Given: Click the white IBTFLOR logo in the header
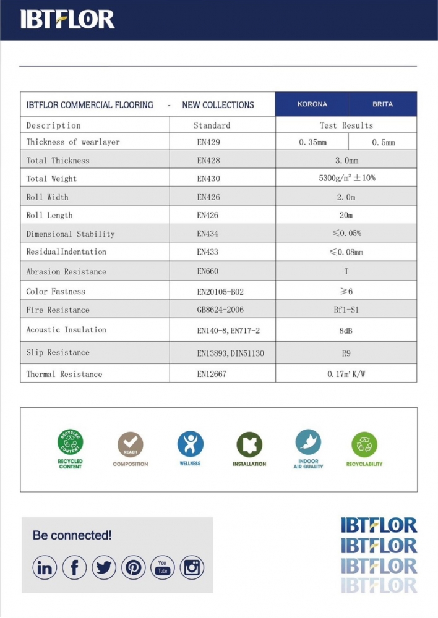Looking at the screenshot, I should tap(67, 19).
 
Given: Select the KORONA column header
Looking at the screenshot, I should tap(312, 104).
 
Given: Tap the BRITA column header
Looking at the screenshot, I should tap(382, 104).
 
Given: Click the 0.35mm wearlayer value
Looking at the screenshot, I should tap(312, 142).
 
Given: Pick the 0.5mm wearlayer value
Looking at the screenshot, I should tap(383, 142).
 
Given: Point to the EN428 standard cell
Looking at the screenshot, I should tap(208, 160).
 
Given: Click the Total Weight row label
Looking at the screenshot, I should tap(51, 179).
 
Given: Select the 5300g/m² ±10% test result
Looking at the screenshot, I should tap(346, 178).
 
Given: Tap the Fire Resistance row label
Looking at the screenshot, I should tap(58, 310).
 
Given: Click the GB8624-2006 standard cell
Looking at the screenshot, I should tap(220, 310).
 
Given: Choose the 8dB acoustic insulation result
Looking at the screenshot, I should tap(346, 331).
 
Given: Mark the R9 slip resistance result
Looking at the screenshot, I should tap(346, 353).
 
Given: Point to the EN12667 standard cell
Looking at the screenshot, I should tap(212, 374).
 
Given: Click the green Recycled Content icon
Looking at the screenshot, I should tap(70, 442).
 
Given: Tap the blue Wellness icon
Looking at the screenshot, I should tap(190, 444).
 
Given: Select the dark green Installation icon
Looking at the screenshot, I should tap(249, 444).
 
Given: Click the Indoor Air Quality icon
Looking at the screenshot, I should tap(308, 442).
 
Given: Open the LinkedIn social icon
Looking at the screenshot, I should tap(45, 567).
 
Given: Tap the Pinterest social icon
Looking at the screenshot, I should tap(133, 567).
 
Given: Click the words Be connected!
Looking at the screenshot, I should tap(72, 535).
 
